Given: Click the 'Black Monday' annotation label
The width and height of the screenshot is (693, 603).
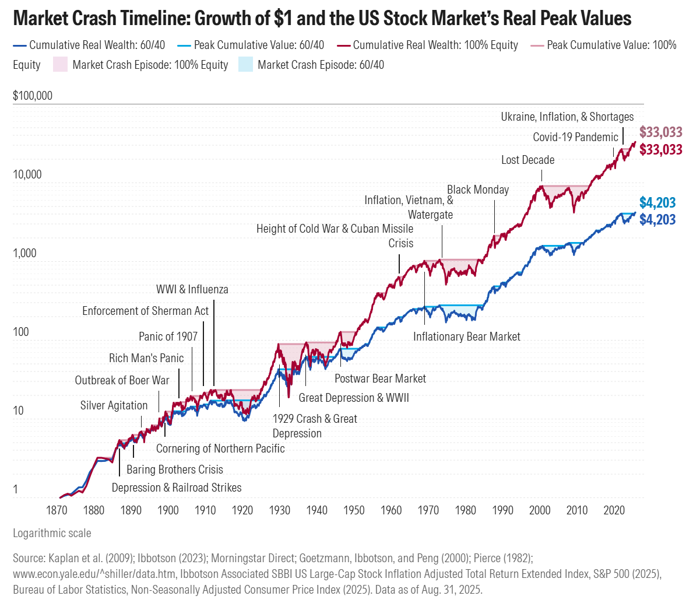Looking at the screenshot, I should point(478,190).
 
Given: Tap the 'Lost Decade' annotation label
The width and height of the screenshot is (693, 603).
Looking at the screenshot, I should point(527,160).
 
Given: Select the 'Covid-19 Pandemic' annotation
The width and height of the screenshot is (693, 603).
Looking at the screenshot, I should point(575,137).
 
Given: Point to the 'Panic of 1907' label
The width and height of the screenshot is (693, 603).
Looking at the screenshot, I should point(168,336).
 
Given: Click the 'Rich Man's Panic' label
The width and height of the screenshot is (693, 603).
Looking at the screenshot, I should point(146,358).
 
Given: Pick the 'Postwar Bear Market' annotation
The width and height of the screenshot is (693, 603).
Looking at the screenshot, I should point(380,378).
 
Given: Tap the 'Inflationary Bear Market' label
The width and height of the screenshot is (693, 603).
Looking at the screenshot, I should point(466,336).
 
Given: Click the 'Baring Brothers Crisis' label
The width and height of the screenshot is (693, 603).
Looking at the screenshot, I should point(174,469).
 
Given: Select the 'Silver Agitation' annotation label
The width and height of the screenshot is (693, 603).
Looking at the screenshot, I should point(114,405).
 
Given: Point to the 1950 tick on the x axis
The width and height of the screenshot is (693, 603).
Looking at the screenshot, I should point(354,510).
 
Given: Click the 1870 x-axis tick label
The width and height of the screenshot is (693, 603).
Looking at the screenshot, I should point(57,510).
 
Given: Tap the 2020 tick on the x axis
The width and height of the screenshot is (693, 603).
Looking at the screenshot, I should point(614,510).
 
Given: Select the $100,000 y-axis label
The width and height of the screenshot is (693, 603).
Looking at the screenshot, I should point(33,96).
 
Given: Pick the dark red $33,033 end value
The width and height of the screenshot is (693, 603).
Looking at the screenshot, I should point(660,150).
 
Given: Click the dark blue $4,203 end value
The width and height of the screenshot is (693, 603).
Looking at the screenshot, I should point(657,220).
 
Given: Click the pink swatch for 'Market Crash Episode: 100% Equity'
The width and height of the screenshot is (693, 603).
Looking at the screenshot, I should point(61,65).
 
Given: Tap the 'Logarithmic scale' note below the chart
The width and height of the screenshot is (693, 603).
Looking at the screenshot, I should point(52,533).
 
